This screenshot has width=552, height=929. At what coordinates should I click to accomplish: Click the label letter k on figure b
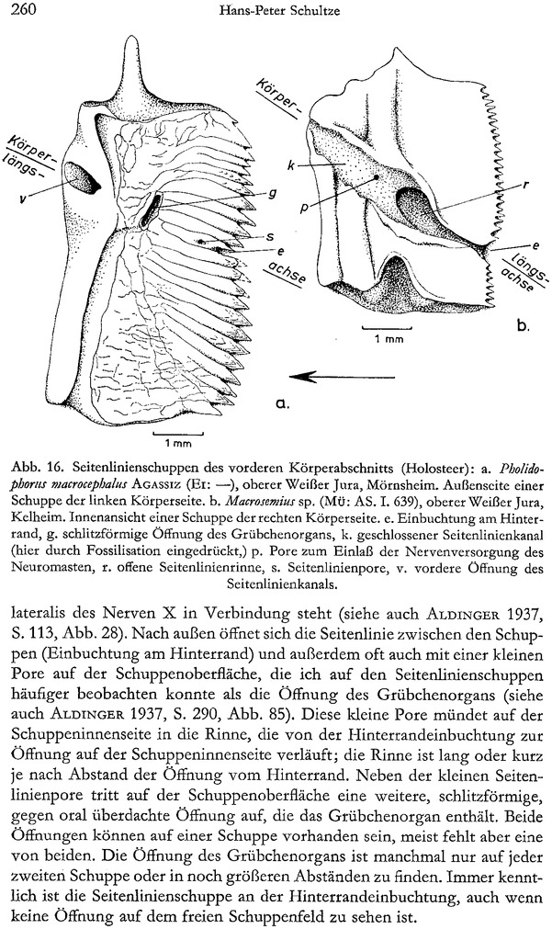pyautogui.click(x=290, y=165)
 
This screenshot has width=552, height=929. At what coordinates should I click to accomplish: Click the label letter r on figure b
pyautogui.click(x=523, y=184)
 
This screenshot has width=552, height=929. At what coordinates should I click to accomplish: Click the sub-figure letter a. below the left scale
pyautogui.click(x=280, y=402)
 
